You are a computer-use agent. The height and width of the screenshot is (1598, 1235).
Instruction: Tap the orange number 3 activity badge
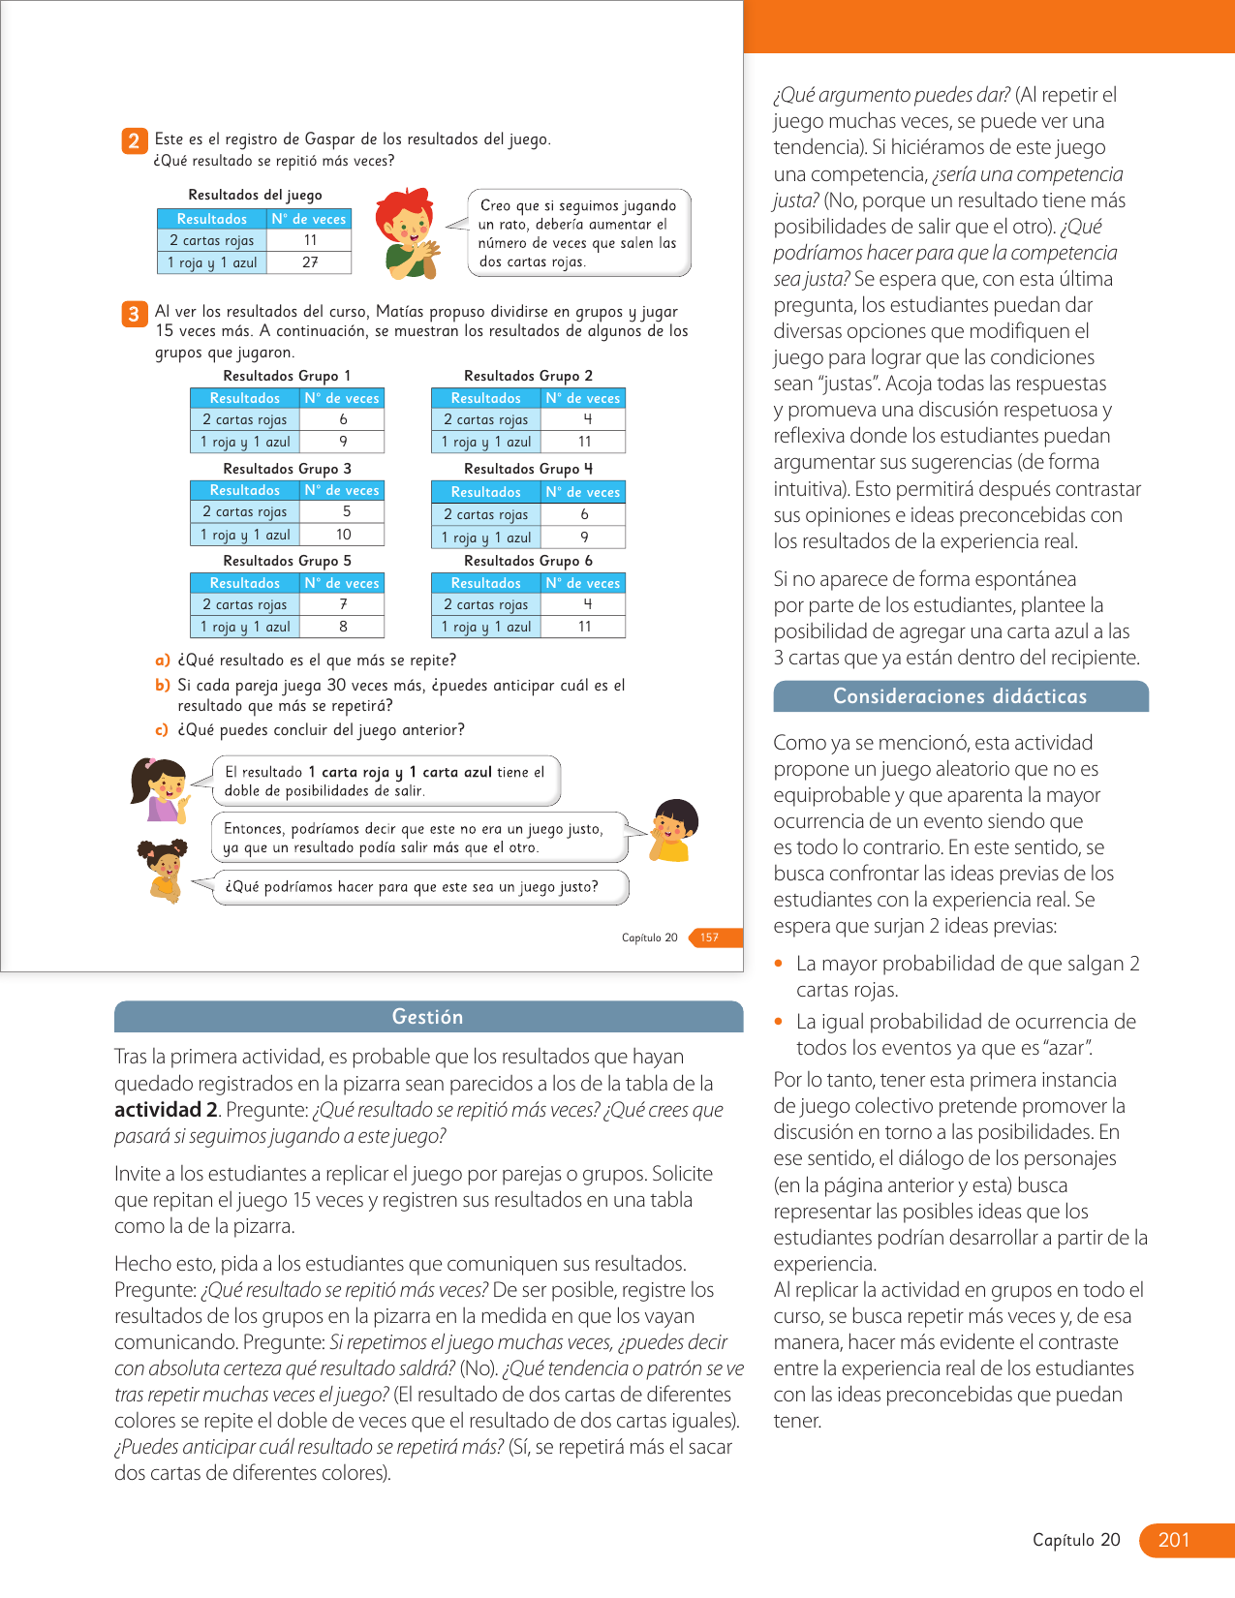[134, 314]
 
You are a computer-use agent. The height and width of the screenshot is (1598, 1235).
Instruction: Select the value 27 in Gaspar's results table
[310, 262]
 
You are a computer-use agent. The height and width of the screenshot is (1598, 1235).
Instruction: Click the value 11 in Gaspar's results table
[310, 240]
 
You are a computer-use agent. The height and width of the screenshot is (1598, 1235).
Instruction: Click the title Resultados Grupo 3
[287, 469]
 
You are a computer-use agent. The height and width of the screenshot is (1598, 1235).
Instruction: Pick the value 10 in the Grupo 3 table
[343, 535]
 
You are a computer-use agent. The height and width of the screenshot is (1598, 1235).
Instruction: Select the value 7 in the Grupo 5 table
[343, 604]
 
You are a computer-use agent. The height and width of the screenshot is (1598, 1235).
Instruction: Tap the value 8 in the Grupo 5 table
[343, 627]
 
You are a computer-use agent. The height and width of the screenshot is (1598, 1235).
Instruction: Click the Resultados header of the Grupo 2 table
[485, 398]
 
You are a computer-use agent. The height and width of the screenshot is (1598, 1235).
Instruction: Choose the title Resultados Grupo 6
[528, 561]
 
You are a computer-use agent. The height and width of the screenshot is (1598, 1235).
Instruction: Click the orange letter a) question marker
[163, 661]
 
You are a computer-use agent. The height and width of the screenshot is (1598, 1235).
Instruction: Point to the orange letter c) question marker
[163, 730]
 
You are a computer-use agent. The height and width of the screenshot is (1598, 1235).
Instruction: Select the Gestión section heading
[427, 1017]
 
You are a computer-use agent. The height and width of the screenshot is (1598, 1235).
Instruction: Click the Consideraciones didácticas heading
[960, 696]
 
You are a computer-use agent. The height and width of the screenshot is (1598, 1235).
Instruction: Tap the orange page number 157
[710, 937]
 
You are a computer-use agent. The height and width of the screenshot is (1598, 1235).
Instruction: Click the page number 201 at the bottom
[1173, 1540]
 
